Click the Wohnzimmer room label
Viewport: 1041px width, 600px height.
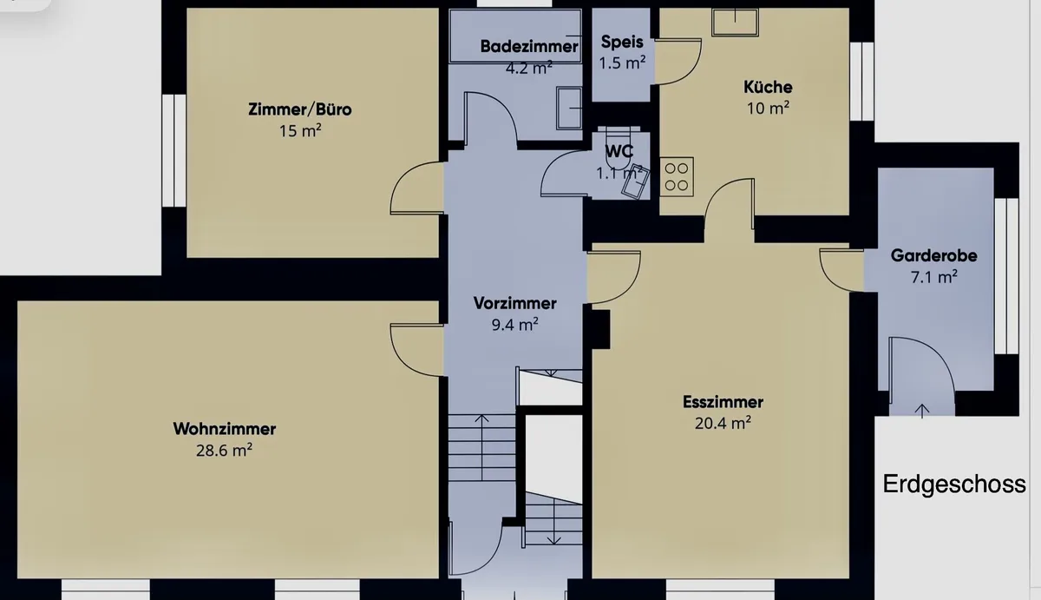pos(225,429)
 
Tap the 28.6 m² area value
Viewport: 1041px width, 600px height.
pos(224,451)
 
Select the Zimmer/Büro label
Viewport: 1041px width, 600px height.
pos(300,109)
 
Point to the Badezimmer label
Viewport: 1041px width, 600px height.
pos(529,47)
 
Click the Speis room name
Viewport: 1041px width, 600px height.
pos(622,42)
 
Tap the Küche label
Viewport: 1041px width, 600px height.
pos(768,87)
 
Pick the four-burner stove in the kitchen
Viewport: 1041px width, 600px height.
pos(677,177)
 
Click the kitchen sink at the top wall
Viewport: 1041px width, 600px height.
pos(736,22)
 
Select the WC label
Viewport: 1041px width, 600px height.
pos(619,151)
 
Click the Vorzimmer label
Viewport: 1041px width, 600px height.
pos(515,303)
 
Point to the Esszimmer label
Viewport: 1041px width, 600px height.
pos(723,402)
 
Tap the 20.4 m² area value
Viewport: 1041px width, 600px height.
pos(723,423)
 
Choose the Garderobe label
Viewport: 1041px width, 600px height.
pos(933,255)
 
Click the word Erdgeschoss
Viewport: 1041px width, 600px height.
pos(954,485)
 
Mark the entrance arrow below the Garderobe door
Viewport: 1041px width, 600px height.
pos(922,412)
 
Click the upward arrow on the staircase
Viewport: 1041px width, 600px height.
pos(482,447)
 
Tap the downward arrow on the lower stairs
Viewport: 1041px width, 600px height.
pos(553,521)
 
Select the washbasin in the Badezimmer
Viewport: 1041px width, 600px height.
pos(569,109)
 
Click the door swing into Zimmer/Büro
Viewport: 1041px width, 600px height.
pos(416,188)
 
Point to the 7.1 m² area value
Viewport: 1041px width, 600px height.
pos(933,277)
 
